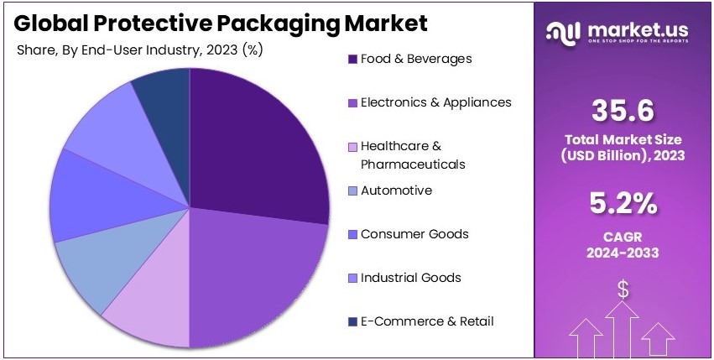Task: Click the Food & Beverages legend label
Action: (415, 59)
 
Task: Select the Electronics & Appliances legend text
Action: (435, 102)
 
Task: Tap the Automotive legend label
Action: (396, 190)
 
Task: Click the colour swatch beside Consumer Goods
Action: (352, 234)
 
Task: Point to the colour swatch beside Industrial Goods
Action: (352, 278)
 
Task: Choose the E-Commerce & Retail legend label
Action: (426, 321)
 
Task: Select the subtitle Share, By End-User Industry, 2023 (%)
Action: (139, 50)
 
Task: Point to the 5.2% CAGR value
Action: (623, 203)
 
